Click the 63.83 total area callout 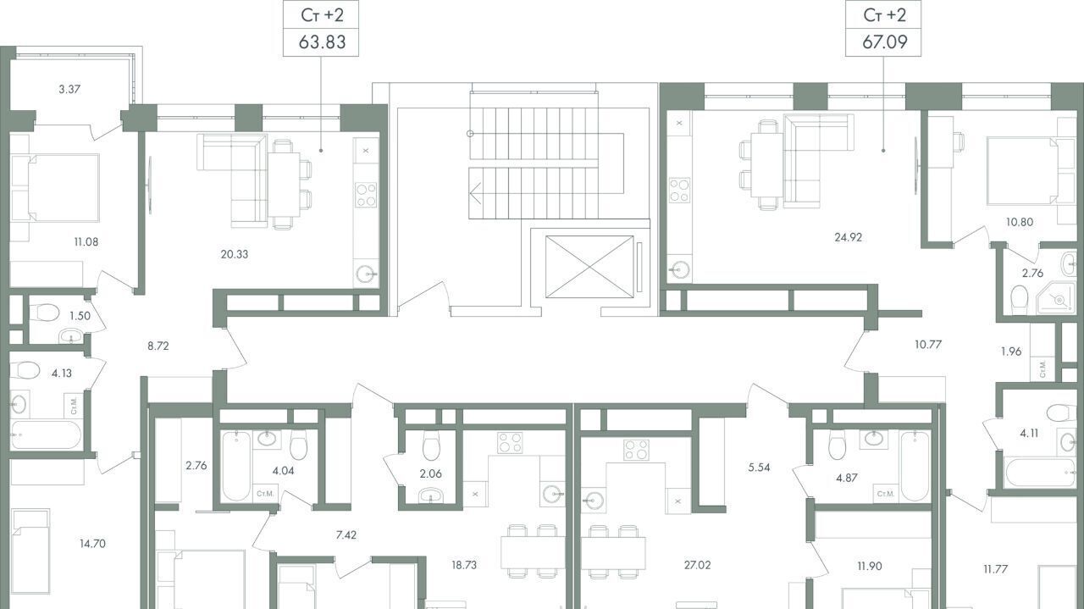pos(321,29)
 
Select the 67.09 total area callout pos(883,29)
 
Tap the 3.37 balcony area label pos(69,89)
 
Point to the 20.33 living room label pos(235,254)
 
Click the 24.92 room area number pos(849,237)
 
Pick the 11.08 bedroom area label pos(86,241)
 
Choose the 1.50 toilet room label pos(80,316)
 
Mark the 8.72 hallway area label pos(158,346)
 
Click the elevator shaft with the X pos(589,266)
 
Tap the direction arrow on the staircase pos(475,194)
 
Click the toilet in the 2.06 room pos(431,445)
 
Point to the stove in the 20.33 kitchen pos(366,195)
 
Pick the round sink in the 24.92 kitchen pos(680,269)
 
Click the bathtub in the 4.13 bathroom pos(46,435)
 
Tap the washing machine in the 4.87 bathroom pos(886,494)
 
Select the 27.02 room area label pos(697,565)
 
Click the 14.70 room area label pos(92,544)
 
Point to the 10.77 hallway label pos(928,345)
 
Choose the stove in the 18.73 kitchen pos(511,443)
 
